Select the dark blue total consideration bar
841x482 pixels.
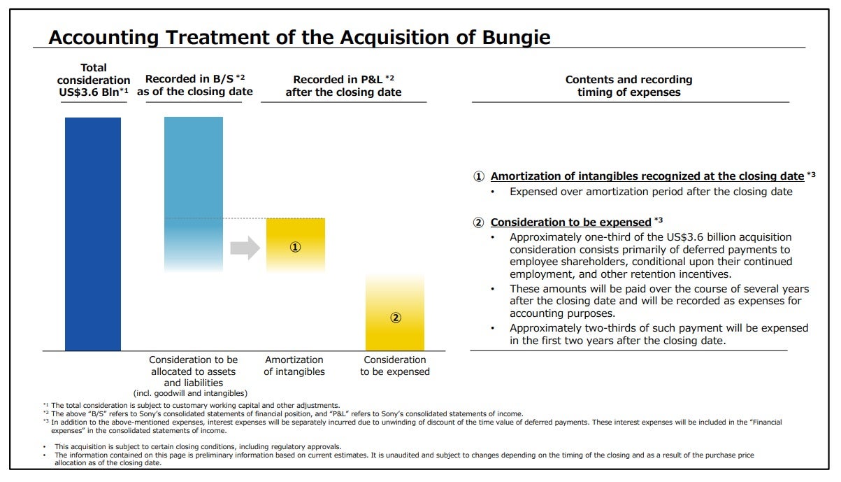[x=93, y=234]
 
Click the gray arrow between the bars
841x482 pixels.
[x=245, y=248]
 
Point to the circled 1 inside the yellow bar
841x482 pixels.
[x=295, y=247]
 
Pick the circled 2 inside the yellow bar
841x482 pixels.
[x=395, y=318]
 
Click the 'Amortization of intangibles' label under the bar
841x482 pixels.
[x=294, y=366]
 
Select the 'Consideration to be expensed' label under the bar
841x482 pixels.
[x=395, y=366]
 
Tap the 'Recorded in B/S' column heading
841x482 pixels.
[x=194, y=85]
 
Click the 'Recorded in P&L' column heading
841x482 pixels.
[x=343, y=85]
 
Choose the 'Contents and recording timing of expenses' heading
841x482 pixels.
[x=628, y=85]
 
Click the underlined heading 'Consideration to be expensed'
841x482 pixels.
[x=571, y=222]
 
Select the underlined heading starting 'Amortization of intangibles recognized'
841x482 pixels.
[x=647, y=176]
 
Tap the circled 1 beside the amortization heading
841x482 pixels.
[x=479, y=177]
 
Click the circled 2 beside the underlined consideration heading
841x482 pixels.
[x=479, y=223]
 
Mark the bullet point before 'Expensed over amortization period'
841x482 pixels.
[x=493, y=192]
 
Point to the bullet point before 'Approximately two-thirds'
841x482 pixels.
[x=493, y=328]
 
